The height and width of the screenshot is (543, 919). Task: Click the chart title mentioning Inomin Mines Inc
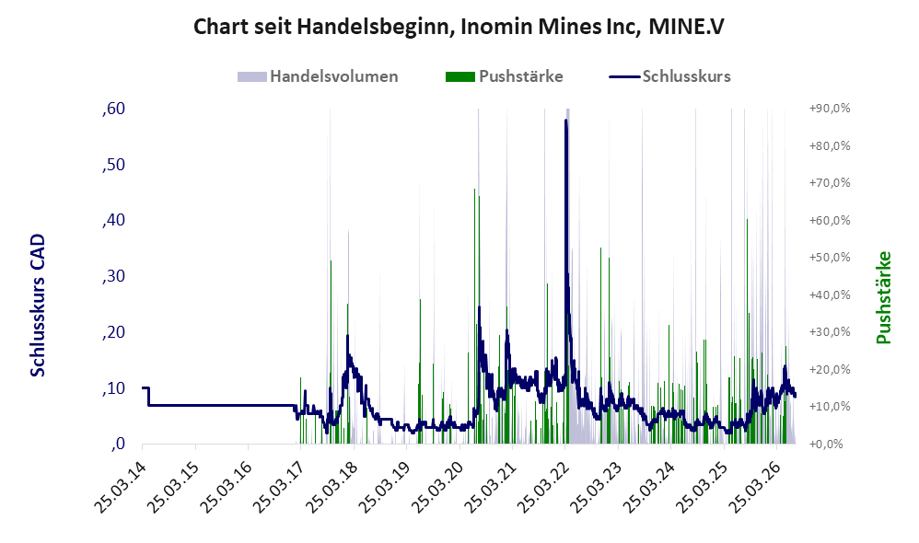[459, 27]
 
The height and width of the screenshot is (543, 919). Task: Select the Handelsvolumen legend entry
[318, 76]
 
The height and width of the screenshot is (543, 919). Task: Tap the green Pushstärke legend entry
[504, 76]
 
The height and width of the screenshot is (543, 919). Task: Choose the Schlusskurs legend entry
[669, 76]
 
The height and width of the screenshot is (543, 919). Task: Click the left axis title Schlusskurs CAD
[38, 306]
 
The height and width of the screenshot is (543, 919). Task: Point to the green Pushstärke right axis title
[883, 297]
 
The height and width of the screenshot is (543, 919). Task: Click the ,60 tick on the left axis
[113, 109]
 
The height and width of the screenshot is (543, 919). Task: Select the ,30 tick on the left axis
[113, 276]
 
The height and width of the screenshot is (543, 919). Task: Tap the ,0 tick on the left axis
[118, 444]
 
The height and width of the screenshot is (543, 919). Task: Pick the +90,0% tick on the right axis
[830, 109]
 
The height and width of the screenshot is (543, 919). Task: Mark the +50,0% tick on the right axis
[830, 258]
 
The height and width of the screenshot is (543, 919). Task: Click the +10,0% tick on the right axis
[830, 407]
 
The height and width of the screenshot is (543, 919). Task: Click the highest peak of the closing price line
[565, 120]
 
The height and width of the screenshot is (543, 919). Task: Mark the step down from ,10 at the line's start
[148, 397]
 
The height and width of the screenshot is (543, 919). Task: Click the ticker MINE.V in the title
[687, 27]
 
